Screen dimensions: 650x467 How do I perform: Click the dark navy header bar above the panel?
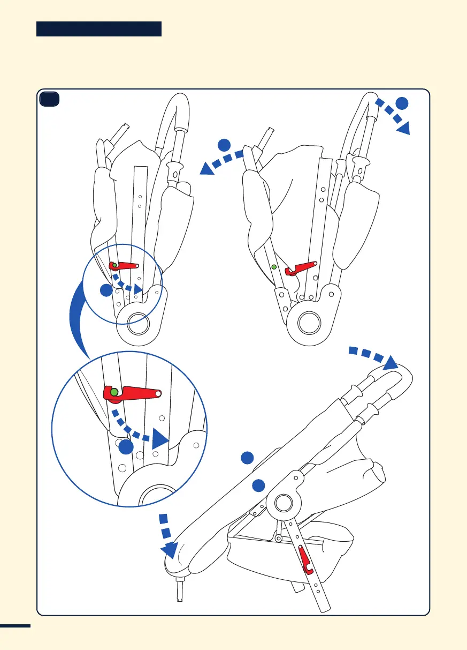tap(99, 29)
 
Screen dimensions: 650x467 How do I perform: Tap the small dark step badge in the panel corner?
tap(49, 99)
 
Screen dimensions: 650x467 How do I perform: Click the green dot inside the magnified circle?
tap(114, 392)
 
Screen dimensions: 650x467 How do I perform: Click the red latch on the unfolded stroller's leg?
tap(305, 559)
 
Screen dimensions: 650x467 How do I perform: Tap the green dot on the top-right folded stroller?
tap(273, 266)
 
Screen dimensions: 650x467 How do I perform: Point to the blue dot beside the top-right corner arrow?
tap(402, 103)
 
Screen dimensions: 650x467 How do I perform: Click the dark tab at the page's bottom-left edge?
tap(16, 626)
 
